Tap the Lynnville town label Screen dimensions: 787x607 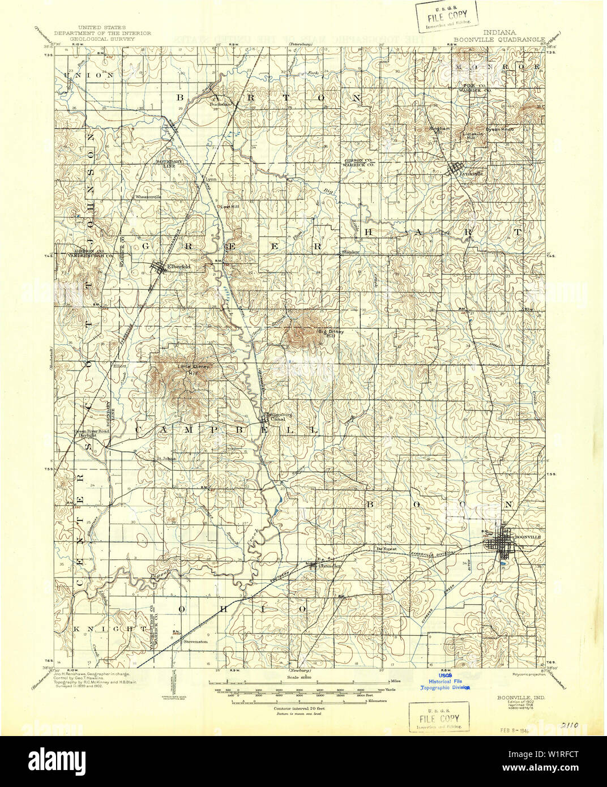(471, 173)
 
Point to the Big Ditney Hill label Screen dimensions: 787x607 (330, 333)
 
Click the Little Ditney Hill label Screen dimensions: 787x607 (194, 369)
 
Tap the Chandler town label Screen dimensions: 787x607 (330, 566)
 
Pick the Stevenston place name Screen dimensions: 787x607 (195, 641)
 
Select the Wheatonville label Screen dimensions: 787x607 (148, 196)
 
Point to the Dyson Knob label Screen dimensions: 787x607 (499, 129)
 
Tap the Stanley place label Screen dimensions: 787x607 (350, 252)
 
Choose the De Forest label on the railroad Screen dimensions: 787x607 (386, 549)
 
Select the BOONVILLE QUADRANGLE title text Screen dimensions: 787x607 (499, 40)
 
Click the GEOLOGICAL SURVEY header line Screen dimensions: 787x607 (102, 40)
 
